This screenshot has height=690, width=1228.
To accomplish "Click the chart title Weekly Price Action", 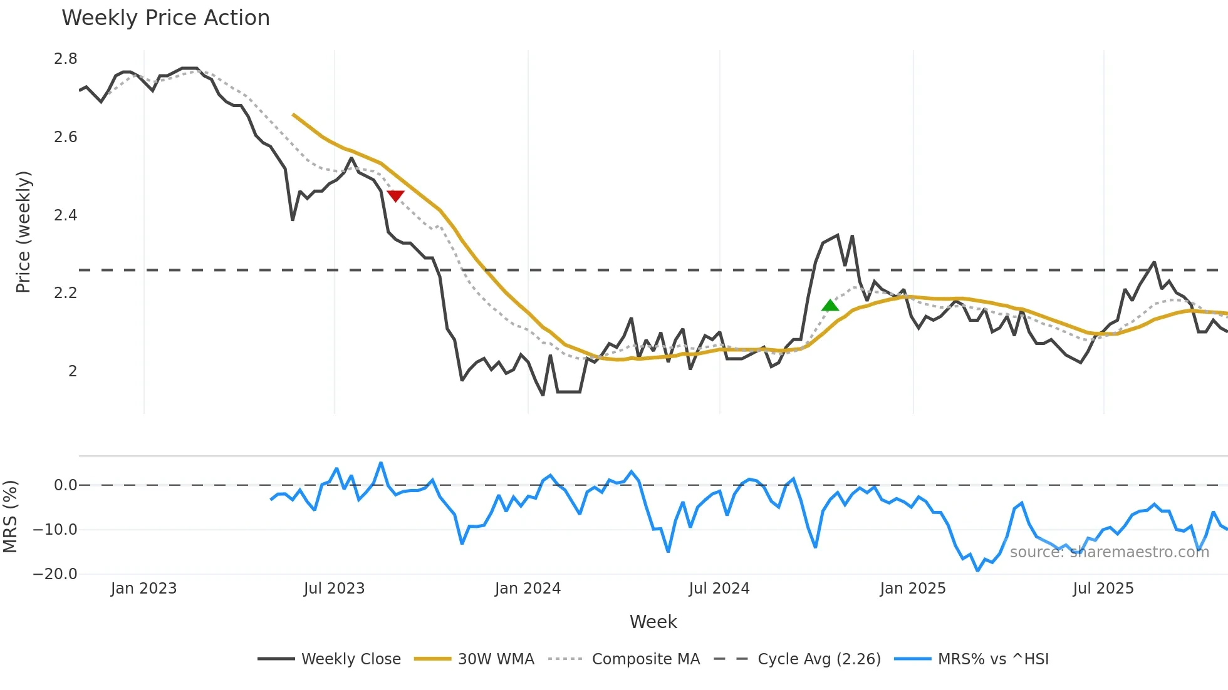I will point(165,18).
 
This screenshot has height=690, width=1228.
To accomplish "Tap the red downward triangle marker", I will point(395,196).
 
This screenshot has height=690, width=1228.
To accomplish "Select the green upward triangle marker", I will point(830,306).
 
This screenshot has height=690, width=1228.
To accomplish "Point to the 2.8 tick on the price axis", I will point(65,59).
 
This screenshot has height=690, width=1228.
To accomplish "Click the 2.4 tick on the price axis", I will point(65,215).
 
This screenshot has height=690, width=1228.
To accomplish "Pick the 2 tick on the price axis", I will point(73,371).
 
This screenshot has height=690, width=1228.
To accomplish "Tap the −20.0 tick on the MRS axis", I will point(55,574).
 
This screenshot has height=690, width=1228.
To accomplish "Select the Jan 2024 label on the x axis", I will point(528,589).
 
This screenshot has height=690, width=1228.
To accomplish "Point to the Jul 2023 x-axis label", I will point(334,589).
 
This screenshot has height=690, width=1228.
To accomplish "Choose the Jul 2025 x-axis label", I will point(1103,589).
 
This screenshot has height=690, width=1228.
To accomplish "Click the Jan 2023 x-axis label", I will point(143,589).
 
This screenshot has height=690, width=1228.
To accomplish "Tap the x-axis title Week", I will point(653,622).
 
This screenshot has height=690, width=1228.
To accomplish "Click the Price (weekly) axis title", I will point(23,232).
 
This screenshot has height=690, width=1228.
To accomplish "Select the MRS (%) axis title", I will point(10,517).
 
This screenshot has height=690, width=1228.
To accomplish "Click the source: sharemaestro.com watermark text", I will point(1109,552).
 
